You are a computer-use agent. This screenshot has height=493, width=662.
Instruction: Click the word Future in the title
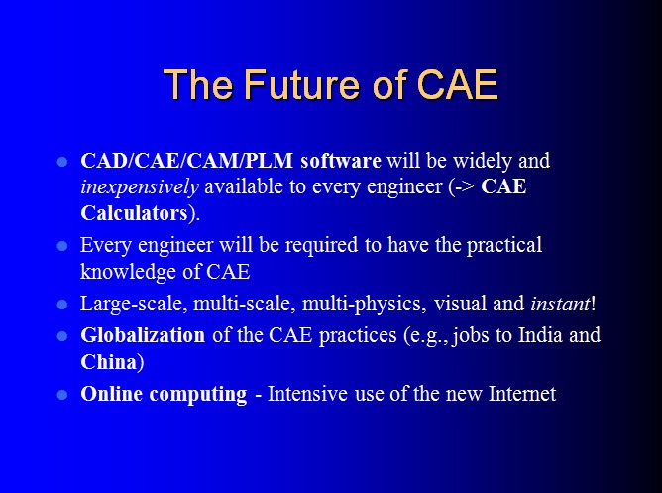(301, 84)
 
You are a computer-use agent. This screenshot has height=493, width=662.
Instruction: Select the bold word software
(341, 161)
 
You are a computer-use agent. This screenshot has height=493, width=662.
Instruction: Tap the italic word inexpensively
(140, 187)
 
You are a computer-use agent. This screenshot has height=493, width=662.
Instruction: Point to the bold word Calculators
(134, 213)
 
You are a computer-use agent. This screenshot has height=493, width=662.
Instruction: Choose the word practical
(504, 245)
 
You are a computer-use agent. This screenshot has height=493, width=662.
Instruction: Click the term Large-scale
(134, 304)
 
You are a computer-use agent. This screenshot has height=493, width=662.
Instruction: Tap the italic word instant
(560, 304)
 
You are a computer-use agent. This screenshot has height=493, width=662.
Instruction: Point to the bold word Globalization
(143, 335)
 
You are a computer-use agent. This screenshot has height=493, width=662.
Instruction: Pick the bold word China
(109, 362)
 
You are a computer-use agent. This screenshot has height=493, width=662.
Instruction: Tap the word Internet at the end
(522, 393)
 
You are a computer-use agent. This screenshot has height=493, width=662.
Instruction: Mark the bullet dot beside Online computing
(62, 395)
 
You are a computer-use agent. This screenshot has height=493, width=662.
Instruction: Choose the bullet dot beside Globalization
(62, 336)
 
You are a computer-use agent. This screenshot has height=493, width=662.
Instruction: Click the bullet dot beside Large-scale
(62, 305)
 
